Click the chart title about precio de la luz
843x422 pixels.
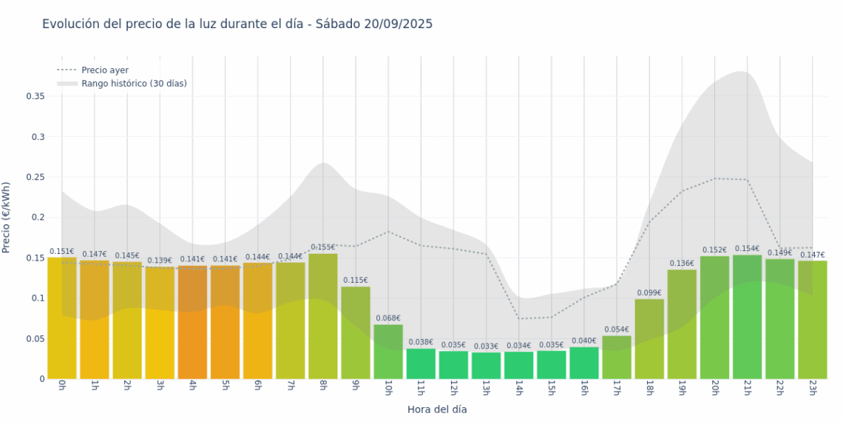coord(237,24)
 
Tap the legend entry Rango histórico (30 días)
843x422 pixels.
coord(134,84)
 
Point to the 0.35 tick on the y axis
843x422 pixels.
coord(35,96)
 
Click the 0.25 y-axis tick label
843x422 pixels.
coord(35,177)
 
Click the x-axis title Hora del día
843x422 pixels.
coord(437,409)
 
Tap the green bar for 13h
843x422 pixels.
coord(486,366)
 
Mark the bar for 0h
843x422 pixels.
coord(62,318)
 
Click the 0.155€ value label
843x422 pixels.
coord(323,247)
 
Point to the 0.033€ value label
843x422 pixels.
coord(486,346)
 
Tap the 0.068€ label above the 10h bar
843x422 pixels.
coord(388,318)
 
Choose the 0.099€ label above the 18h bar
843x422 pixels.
coord(649,293)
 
